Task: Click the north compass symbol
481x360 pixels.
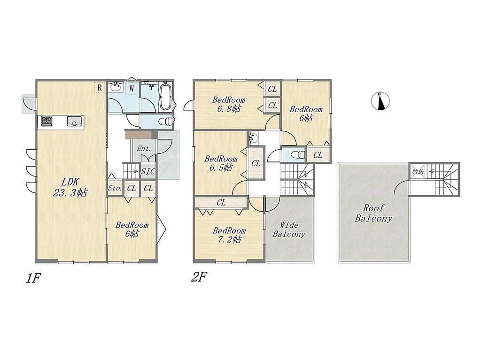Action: click(380, 101)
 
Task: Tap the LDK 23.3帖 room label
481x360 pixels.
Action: click(70, 187)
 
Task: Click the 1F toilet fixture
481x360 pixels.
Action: click(166, 122)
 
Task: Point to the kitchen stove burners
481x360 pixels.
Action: click(46, 121)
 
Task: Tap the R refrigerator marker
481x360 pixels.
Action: click(100, 87)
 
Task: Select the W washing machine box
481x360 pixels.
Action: click(132, 89)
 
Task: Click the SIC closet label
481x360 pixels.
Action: click(148, 172)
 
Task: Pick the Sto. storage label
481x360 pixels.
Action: click(115, 188)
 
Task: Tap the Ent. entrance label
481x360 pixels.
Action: click(144, 149)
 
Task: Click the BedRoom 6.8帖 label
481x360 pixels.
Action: click(229, 104)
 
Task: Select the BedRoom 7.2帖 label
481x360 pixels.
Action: click(229, 235)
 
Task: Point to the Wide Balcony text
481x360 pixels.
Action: click(289, 230)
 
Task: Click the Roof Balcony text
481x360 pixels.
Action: click(373, 213)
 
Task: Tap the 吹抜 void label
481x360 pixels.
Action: click(418, 171)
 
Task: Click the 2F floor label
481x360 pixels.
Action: click(199, 277)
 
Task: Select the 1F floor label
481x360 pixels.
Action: click(33, 278)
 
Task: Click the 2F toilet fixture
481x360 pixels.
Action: click(298, 154)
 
